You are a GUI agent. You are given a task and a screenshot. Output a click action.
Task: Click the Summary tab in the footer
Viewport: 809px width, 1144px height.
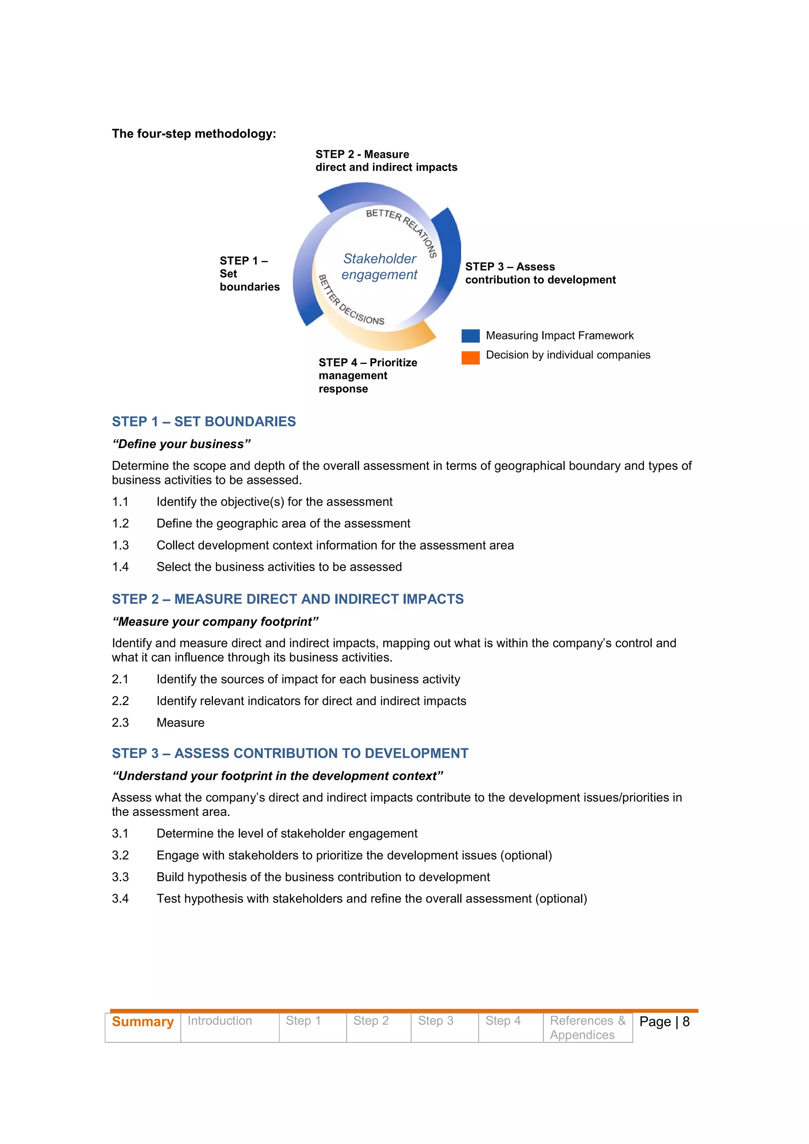(x=143, y=1022)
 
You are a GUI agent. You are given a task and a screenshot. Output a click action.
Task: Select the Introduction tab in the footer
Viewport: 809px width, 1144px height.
(x=220, y=1020)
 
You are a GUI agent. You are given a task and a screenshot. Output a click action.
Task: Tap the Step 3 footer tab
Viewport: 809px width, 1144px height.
(x=436, y=1020)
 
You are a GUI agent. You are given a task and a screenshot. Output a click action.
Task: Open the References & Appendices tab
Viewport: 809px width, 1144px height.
(x=587, y=1028)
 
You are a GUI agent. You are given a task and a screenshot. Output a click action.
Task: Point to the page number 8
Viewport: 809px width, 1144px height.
(x=686, y=1022)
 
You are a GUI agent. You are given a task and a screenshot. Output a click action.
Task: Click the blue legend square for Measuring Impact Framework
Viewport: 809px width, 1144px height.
(x=470, y=336)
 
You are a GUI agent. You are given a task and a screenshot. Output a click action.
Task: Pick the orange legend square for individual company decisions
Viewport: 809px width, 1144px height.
(x=470, y=357)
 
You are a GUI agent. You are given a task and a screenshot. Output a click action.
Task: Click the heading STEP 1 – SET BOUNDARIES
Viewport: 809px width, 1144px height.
(x=203, y=422)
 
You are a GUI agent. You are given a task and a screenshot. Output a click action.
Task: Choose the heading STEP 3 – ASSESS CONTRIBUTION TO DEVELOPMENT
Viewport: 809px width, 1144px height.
(x=290, y=753)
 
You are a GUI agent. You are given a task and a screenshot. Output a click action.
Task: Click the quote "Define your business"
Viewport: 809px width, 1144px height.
(x=181, y=444)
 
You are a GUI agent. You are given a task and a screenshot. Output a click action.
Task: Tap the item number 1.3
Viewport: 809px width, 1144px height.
(x=120, y=545)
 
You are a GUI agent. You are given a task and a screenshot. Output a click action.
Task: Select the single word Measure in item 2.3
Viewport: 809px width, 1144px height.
(x=181, y=722)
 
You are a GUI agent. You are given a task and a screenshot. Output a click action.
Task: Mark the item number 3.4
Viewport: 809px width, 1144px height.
(x=120, y=898)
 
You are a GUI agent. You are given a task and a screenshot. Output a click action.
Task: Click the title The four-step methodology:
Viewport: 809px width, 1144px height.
(x=194, y=133)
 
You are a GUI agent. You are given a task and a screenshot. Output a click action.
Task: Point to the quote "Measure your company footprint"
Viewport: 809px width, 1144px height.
(x=215, y=621)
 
